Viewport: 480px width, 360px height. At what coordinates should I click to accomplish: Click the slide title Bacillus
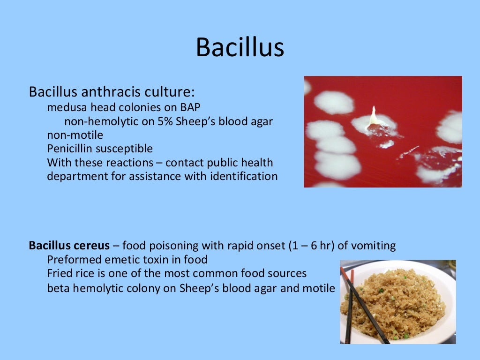(x=240, y=47)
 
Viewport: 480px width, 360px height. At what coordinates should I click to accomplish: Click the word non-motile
(x=75, y=135)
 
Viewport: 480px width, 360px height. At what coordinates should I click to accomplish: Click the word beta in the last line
(x=57, y=288)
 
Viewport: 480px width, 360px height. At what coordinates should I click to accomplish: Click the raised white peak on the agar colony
(x=374, y=115)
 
